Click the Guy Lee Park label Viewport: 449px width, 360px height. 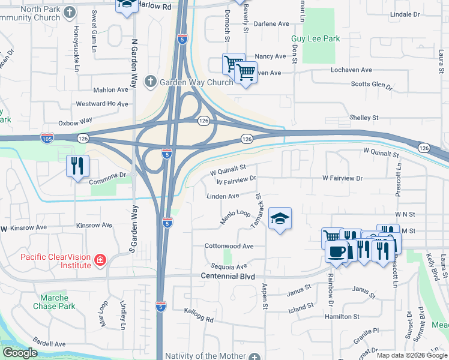pos(315,39)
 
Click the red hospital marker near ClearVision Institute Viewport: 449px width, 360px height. pos(100,260)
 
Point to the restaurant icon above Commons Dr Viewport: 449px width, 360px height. pos(77,166)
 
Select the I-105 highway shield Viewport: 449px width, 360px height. pos(47,139)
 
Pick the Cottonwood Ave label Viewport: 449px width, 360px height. pos(229,246)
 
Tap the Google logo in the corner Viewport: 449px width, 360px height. pos(20,353)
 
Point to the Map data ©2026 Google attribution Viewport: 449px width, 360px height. pos(411,355)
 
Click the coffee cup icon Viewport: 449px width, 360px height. pos(337,251)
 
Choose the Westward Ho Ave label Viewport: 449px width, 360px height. pos(103,104)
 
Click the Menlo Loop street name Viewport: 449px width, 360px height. pos(235,217)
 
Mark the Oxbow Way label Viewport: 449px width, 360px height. pos(75,122)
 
